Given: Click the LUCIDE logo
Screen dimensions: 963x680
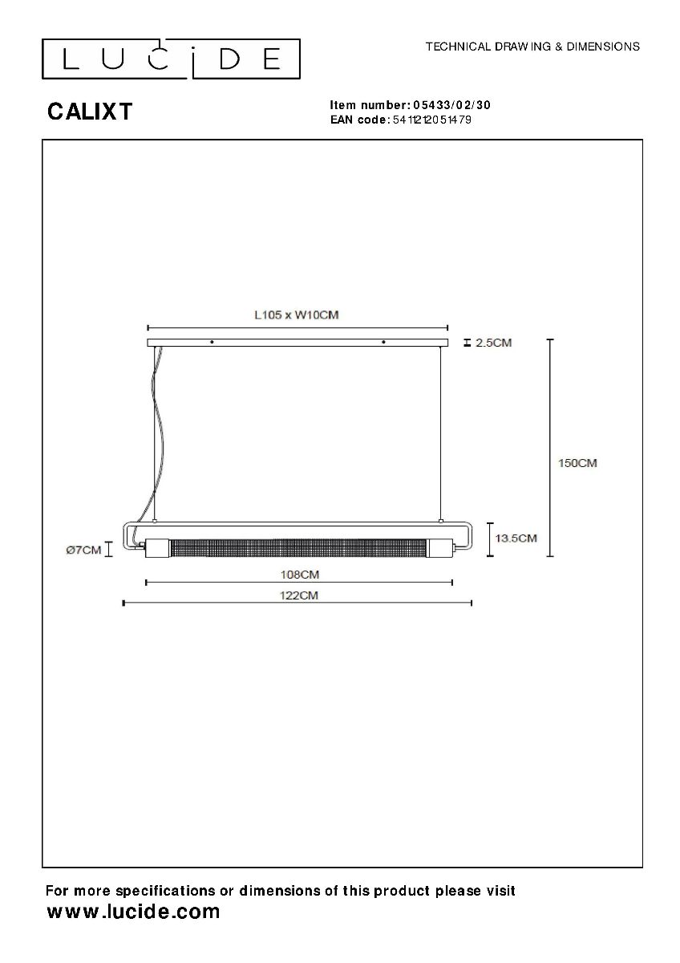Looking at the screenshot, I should pos(171,59).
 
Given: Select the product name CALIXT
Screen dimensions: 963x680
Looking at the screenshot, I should pos(90,112).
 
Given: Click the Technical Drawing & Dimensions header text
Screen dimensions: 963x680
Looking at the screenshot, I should pos(532,47).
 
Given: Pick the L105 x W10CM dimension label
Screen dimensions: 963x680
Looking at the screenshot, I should pos(296,315).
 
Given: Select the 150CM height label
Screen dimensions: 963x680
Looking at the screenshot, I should pos(577,463).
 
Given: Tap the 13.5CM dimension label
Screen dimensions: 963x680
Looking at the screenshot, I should pos(516,538).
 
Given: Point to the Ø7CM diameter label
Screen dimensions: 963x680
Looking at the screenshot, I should pos(83,550).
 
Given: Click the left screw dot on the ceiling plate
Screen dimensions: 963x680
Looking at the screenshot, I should pos(212,343).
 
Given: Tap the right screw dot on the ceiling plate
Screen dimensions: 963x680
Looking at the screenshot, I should pos(383,343).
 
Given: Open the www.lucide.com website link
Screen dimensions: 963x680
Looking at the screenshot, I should pos(133,912).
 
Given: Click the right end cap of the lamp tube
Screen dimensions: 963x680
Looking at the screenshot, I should pos(441,548).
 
